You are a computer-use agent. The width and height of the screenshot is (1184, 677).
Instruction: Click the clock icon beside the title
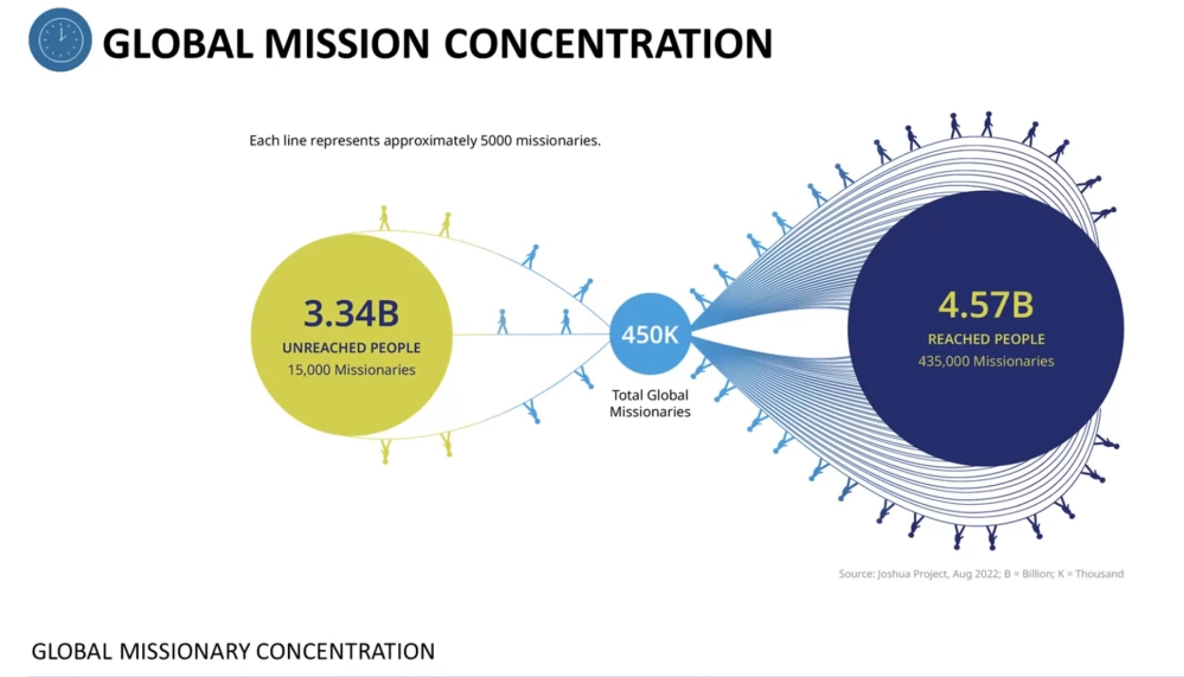[60, 40]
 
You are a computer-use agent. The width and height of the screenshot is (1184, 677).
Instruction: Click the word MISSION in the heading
[347, 44]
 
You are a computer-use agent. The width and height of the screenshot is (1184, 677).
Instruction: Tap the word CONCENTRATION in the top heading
[609, 44]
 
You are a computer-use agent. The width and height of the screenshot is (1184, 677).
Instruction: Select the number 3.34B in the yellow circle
[351, 313]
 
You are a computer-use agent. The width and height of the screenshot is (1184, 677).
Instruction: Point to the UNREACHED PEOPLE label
[351, 348]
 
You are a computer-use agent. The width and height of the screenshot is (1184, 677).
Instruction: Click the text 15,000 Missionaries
[351, 370]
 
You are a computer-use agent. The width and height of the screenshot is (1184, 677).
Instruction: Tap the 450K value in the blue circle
[650, 335]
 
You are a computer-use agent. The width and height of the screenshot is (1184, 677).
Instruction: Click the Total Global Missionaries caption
[650, 403]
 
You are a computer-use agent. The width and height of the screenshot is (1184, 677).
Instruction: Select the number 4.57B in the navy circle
[986, 305]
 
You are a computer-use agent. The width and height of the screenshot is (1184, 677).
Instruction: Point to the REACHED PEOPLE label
[986, 339]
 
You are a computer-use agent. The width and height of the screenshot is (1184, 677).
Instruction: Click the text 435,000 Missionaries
[986, 361]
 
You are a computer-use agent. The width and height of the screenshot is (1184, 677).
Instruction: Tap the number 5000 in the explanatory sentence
[496, 141]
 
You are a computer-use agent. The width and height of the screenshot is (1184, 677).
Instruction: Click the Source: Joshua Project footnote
[981, 574]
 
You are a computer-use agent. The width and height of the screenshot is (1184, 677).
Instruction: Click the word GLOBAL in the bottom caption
[72, 652]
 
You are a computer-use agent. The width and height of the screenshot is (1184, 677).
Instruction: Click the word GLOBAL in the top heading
[178, 44]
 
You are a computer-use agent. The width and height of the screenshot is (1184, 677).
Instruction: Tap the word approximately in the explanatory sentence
[430, 141]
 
